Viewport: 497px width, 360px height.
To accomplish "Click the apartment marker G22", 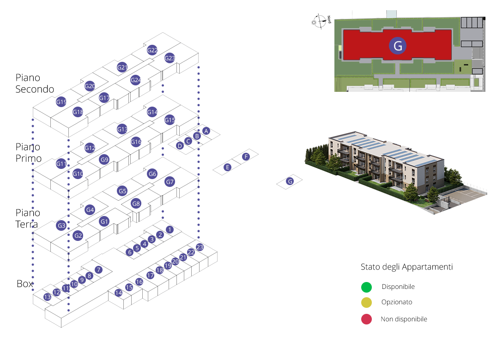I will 152,50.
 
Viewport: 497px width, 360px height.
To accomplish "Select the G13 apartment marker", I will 122,129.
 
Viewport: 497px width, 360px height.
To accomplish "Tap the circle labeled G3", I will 61,226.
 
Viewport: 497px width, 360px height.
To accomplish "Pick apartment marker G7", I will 170,182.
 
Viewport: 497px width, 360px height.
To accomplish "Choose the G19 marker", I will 61,102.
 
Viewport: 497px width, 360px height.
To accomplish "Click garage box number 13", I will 47,297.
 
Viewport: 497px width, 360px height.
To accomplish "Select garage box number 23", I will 200,247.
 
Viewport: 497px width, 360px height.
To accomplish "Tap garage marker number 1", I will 170,229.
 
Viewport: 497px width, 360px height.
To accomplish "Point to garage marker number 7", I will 98,270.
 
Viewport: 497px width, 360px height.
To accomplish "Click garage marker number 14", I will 118,293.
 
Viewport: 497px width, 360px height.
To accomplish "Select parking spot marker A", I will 206,131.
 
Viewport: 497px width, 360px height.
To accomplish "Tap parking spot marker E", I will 227,167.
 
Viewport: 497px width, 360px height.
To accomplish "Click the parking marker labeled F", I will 246,157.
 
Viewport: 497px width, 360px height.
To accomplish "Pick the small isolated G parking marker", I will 290,181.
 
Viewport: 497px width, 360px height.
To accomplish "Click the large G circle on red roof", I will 398,46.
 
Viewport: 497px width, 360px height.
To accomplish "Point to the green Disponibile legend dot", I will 366,287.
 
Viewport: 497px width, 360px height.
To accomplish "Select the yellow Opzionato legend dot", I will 366,303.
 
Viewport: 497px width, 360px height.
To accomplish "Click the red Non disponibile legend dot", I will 366,319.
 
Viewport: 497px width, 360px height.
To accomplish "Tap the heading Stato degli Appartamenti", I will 406,267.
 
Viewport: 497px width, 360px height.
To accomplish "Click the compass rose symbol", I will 319,21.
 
